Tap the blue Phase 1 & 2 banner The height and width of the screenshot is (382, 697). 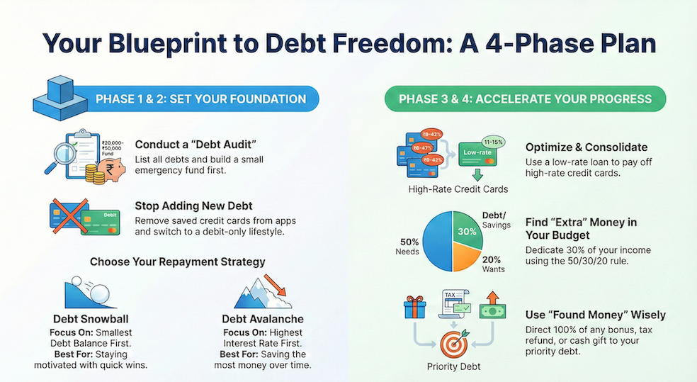pos(200,99)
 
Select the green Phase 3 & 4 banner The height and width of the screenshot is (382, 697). pos(524,99)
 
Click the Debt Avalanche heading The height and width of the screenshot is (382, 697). pos(262,320)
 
